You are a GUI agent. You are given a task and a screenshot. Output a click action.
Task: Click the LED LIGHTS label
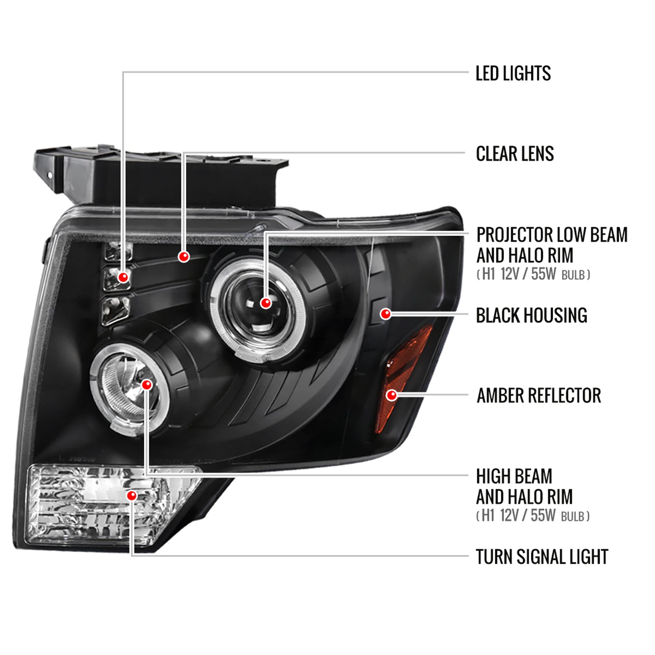513,73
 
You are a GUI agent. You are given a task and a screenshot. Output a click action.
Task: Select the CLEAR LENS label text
514,154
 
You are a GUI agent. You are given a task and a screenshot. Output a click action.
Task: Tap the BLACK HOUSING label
531,315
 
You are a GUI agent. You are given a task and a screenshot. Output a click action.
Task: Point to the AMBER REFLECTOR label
538,396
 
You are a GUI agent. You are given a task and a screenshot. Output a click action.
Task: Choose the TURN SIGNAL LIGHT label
541,557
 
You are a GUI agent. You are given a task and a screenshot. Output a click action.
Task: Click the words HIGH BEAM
514,476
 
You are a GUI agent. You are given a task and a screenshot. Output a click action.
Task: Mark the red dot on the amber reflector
392,395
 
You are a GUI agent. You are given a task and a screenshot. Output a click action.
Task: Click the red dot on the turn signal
131,495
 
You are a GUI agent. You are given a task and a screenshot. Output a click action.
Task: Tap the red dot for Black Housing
386,314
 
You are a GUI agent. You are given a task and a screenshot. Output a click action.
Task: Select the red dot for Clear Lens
184,256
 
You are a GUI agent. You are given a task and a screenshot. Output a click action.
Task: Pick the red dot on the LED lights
124,277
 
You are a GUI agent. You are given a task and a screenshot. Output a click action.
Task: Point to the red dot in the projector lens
265,303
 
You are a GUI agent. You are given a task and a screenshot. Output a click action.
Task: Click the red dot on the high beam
147,384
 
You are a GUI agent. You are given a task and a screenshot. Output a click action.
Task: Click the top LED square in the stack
118,251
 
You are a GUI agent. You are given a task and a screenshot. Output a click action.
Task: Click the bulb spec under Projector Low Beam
533,275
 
